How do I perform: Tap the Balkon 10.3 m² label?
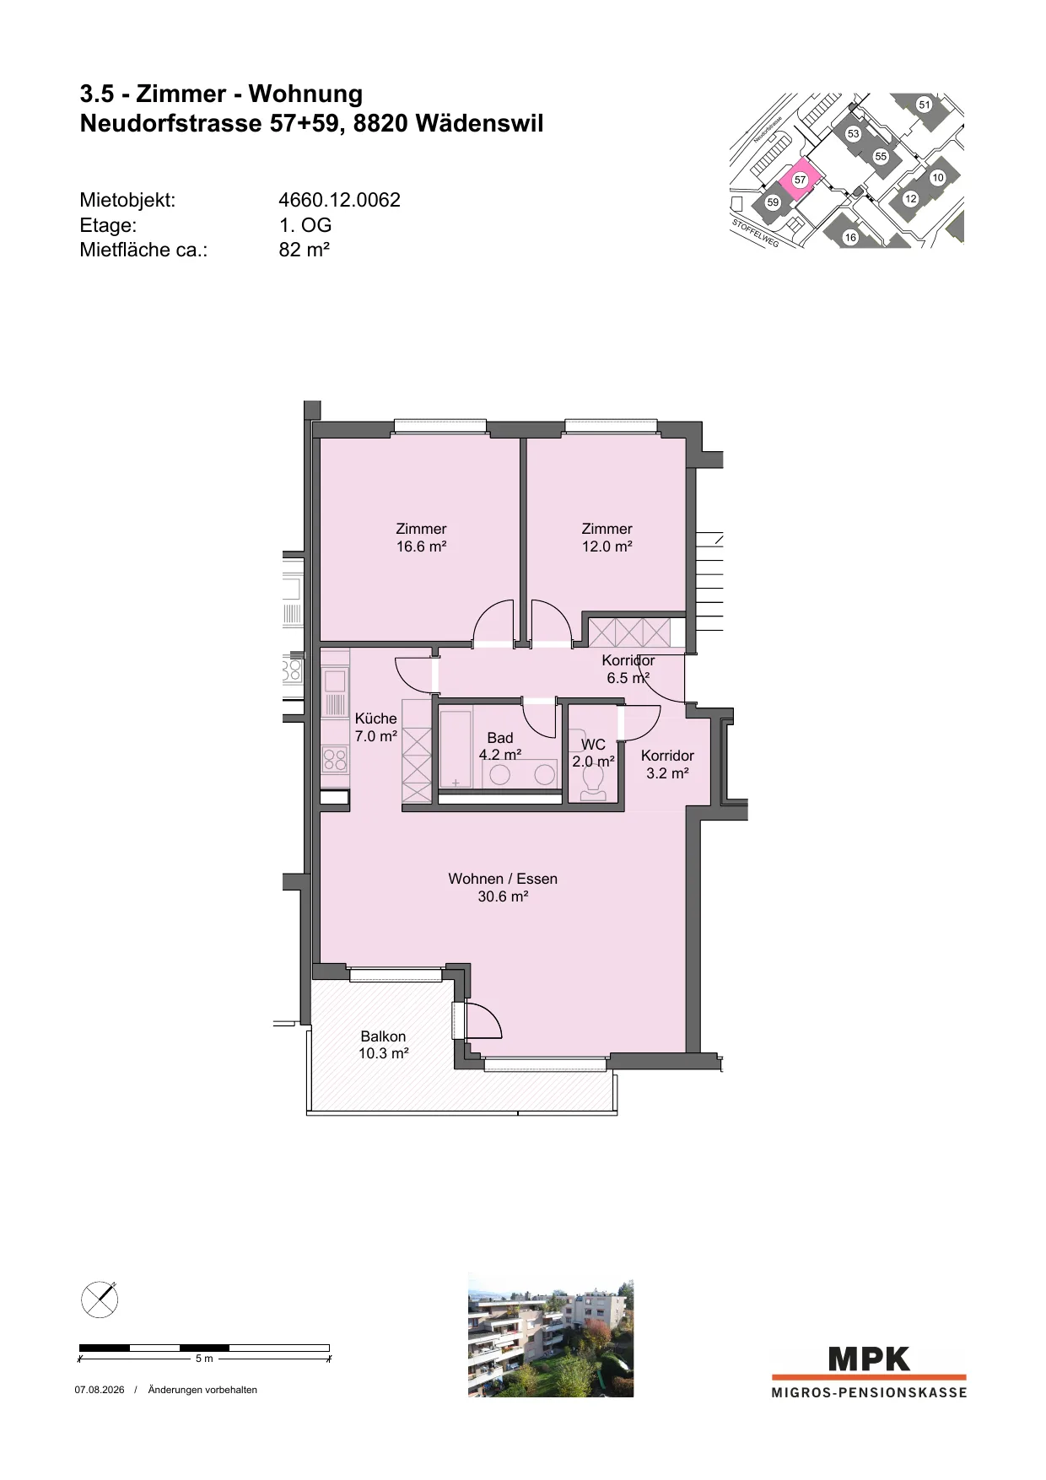coord(384,1045)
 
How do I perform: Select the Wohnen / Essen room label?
coord(503,887)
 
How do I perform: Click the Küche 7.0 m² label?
coord(375,727)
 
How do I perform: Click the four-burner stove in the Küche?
coord(335,760)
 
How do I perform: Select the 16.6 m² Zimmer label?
coord(421,537)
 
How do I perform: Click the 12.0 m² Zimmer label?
coord(607,537)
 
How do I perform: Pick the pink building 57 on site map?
coord(797,179)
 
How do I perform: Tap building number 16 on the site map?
coord(850,237)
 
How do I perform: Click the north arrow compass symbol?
coord(100,1299)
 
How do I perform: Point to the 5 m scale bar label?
coord(204,1359)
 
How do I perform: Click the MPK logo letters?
coord(869,1359)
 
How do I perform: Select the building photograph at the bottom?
coord(550,1337)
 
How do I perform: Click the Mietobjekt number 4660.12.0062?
coord(339,200)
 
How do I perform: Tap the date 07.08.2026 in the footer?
coord(100,1390)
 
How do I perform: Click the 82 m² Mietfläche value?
coord(304,250)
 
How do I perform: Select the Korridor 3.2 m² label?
coord(667,764)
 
